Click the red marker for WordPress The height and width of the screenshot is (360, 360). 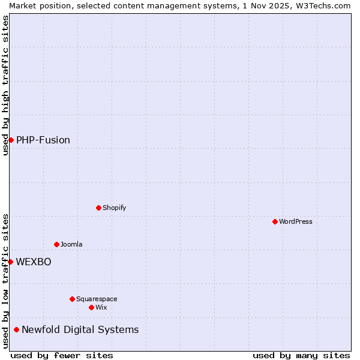275,221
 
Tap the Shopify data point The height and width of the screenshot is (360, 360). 98,208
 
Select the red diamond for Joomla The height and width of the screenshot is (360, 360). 56,244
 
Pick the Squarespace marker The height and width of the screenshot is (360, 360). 72,299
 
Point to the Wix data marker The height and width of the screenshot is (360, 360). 91,307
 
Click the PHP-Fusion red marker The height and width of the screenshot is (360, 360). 11,140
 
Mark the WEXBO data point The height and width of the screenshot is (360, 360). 10,262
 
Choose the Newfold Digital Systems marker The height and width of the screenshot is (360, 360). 16,329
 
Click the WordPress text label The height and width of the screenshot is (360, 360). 296,222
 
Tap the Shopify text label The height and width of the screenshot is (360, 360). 115,208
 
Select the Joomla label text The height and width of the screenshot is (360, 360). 71,245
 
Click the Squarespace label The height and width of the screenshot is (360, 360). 97,299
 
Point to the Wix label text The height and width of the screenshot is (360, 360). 101,308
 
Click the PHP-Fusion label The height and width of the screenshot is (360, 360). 43,140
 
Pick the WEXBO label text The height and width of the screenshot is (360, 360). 34,262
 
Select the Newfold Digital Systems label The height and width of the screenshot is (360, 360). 80,330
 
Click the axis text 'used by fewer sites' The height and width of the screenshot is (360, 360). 62,355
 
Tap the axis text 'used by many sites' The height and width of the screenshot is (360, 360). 301,355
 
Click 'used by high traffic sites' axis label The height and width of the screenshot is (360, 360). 5,85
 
